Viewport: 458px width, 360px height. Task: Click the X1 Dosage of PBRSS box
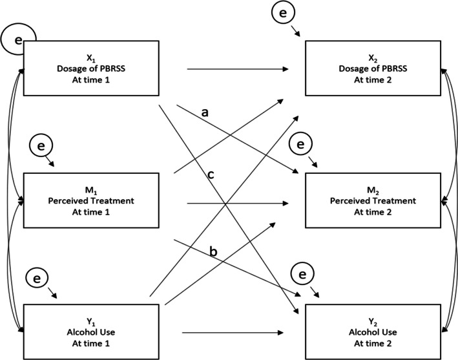click(x=91, y=68)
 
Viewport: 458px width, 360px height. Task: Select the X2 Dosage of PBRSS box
click(x=373, y=68)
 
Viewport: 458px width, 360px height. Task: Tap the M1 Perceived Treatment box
click(x=91, y=200)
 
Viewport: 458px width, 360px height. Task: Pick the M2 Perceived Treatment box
click(x=373, y=200)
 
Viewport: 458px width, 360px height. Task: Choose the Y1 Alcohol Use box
click(x=91, y=332)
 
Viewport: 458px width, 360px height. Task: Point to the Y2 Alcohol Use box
click(x=373, y=332)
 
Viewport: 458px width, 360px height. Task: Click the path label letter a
click(x=205, y=112)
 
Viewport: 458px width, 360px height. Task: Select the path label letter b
click(x=213, y=251)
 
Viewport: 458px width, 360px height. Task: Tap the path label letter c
click(x=211, y=175)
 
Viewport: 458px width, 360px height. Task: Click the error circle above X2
click(x=283, y=13)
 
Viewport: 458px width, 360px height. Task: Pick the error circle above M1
click(x=41, y=145)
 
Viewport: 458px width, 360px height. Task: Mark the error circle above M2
click(x=300, y=144)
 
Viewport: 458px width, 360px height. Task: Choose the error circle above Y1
click(x=37, y=278)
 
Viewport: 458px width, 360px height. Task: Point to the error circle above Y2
click(x=302, y=274)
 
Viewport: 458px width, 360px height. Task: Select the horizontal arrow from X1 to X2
click(x=238, y=69)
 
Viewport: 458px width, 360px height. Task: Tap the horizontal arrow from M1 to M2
click(x=238, y=204)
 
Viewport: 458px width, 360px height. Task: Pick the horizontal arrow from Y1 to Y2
click(x=233, y=333)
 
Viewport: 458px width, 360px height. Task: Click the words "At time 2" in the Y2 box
click(x=373, y=343)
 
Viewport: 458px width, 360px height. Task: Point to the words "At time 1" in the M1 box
click(x=91, y=212)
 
